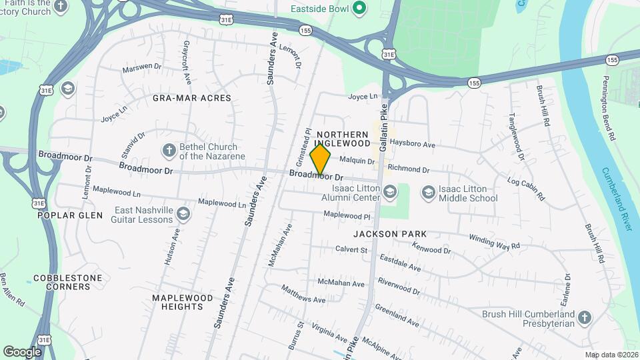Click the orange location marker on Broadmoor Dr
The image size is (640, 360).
[x=321, y=159]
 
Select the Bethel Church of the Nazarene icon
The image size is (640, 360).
[x=169, y=151]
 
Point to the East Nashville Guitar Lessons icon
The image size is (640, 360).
[x=183, y=214]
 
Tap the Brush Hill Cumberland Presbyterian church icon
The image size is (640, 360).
[x=585, y=318]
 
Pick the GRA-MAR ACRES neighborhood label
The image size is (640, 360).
[x=192, y=98]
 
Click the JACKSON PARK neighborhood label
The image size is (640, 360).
[x=390, y=234]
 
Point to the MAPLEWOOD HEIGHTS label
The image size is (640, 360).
[x=182, y=302]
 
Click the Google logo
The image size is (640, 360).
[x=22, y=351]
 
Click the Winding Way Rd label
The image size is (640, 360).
[x=494, y=241]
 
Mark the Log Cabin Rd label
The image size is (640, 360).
[x=527, y=189]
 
